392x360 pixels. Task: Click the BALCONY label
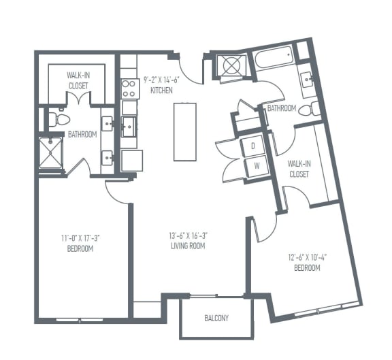click(x=216, y=318)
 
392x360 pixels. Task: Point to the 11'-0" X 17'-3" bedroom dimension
click(x=81, y=238)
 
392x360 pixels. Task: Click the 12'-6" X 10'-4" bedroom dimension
click(x=307, y=258)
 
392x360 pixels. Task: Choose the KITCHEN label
click(x=162, y=90)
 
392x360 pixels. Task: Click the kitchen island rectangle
click(x=184, y=131)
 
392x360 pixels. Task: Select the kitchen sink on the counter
click(x=129, y=126)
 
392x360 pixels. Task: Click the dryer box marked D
click(x=253, y=146)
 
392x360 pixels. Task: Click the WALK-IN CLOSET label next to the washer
click(x=298, y=169)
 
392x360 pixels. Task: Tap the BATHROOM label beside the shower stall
click(x=82, y=135)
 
